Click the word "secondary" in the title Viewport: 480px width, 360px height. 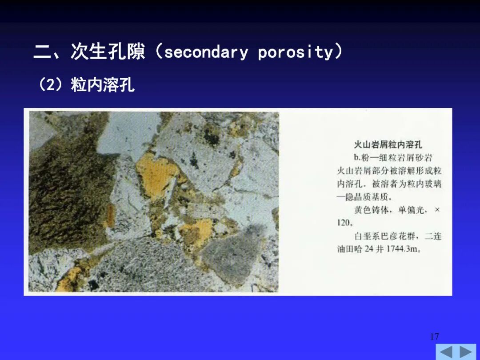point(206,52)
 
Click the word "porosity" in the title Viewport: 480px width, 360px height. point(295,52)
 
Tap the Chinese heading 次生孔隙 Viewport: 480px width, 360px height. point(108,51)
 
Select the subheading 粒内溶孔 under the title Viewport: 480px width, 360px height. point(103,85)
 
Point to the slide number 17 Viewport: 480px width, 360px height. point(434,336)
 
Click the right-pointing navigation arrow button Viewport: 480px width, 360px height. point(466,352)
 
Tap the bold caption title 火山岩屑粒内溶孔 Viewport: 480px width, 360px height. point(388,144)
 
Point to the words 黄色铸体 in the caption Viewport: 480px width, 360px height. point(371,210)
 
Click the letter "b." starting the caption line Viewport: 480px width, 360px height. point(357,158)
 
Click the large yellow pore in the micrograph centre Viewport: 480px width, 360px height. point(156,175)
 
